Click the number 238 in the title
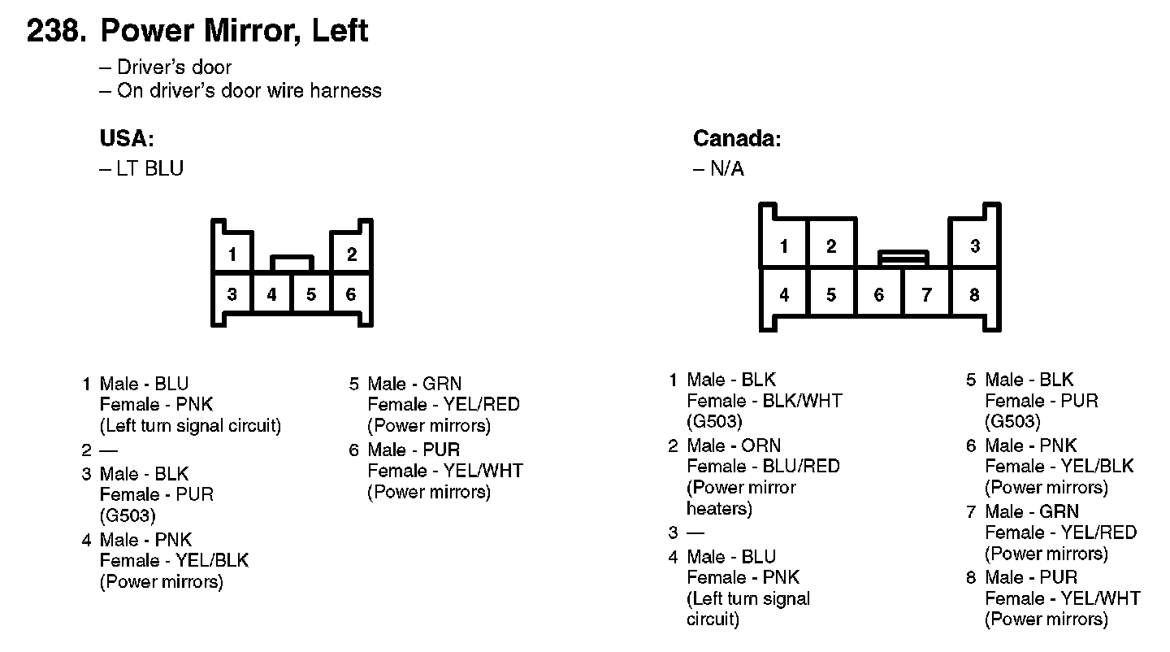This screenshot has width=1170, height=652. (55, 31)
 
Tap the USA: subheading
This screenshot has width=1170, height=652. (127, 139)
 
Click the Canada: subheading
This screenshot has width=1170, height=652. (736, 139)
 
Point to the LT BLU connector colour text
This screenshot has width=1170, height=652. (149, 168)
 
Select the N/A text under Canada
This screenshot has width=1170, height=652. (726, 169)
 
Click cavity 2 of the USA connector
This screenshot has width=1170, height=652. (352, 254)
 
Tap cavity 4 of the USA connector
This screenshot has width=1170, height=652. (271, 294)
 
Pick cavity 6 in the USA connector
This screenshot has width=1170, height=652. (351, 294)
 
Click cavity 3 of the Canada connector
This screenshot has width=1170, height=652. (975, 246)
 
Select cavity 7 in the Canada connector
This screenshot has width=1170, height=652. (926, 295)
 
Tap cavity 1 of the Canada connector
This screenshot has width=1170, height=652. (784, 246)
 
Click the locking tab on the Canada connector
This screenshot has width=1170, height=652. (903, 258)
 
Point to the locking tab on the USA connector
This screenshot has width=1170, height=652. (292, 263)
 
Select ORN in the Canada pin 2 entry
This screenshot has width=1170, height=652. (760, 446)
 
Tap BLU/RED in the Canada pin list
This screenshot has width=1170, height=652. (800, 467)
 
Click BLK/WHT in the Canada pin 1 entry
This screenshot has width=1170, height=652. (802, 401)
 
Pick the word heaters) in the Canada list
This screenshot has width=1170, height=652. (719, 509)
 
